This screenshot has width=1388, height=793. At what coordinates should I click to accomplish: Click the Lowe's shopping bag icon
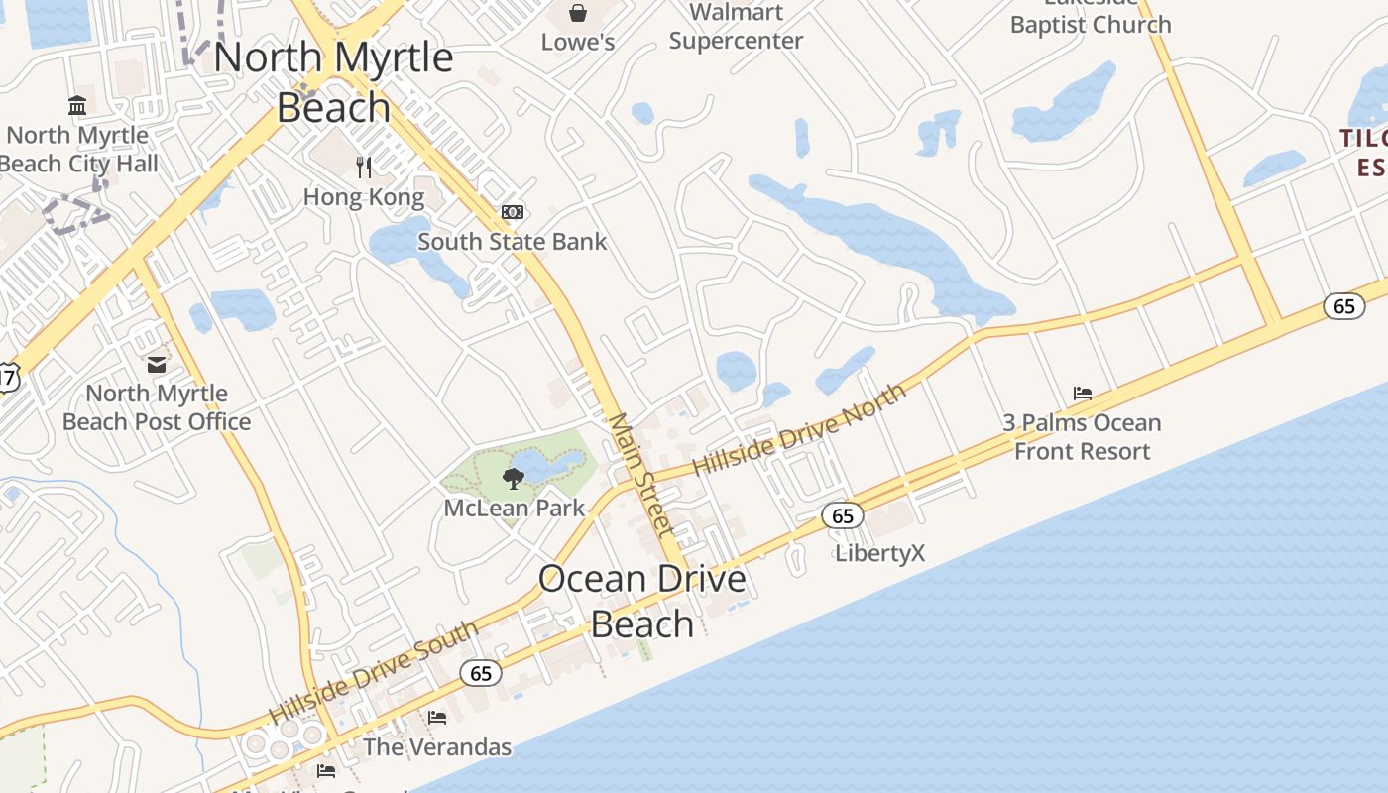578,13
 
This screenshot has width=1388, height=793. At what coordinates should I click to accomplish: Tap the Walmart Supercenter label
736,27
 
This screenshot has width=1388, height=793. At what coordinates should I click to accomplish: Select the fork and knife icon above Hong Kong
364,166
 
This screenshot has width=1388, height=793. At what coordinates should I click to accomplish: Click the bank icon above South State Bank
513,212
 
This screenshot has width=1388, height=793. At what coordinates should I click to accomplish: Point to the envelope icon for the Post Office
157,364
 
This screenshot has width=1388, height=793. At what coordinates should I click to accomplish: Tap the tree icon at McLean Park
513,480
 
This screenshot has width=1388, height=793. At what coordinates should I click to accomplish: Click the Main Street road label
641,476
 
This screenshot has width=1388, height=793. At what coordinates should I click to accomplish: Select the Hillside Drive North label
799,428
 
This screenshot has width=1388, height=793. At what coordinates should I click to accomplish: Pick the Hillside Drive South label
374,672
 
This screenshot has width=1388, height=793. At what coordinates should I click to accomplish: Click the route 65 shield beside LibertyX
843,515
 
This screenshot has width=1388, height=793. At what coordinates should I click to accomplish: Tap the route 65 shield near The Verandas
481,674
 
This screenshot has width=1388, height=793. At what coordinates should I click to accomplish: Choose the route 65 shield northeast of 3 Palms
1343,306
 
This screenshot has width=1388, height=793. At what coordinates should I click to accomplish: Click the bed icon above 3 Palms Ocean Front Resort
1083,394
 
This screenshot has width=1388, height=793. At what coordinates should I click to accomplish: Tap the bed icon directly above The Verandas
437,718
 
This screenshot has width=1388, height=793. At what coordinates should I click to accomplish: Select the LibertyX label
880,552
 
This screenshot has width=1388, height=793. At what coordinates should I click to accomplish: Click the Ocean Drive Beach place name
642,601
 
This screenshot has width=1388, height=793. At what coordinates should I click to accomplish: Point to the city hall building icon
77,105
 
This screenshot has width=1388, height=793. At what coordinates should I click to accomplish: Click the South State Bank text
512,241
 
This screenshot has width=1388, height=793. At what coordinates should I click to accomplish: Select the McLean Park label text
514,509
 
